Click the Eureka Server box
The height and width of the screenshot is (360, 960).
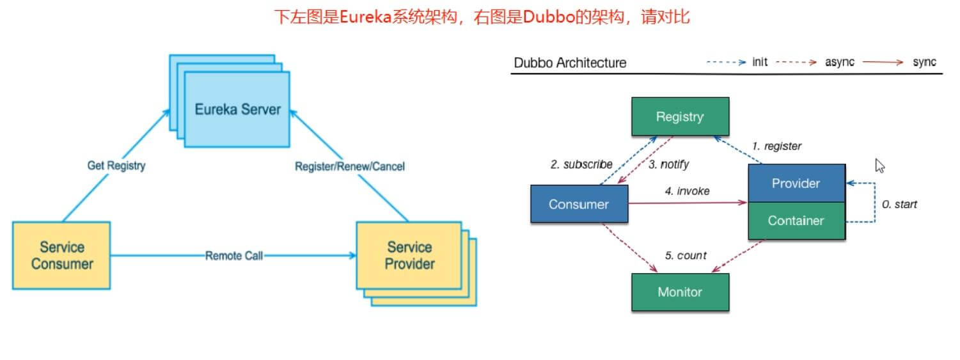(x=237, y=109)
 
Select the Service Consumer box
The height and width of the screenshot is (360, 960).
(x=61, y=255)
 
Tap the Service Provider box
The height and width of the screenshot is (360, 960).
(x=409, y=255)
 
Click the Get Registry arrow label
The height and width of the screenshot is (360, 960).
(x=116, y=166)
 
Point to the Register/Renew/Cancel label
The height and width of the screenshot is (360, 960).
(x=350, y=166)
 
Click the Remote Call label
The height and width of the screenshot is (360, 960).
(x=234, y=256)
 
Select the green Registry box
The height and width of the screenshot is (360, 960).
(x=680, y=116)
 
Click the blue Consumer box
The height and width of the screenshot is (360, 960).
(x=579, y=204)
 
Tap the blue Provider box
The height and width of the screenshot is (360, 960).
(x=797, y=183)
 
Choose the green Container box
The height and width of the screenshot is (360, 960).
(x=797, y=221)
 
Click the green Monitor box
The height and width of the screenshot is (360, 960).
(x=680, y=292)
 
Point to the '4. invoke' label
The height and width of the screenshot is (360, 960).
(x=687, y=191)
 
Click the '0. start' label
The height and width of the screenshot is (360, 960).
(x=899, y=205)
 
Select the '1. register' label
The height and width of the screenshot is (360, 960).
(x=776, y=146)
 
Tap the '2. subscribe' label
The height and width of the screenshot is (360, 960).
(x=581, y=164)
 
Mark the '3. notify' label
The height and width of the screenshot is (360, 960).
(x=668, y=164)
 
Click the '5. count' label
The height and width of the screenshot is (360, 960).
(x=686, y=255)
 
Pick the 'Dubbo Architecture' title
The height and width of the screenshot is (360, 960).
(x=570, y=63)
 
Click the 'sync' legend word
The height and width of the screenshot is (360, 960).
(x=924, y=62)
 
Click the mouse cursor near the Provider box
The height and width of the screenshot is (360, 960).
(x=879, y=166)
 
